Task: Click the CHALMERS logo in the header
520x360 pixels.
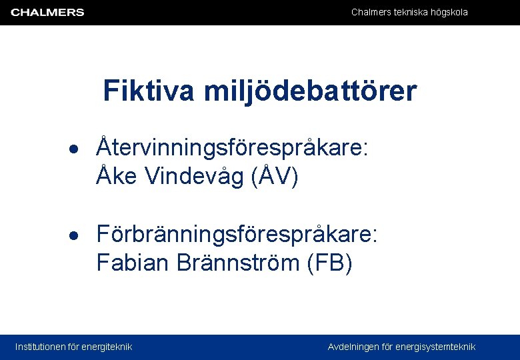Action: point(47,12)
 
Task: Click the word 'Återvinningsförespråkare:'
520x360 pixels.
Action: point(232,147)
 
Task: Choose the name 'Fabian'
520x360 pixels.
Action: point(133,263)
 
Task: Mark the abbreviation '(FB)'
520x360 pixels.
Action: point(329,263)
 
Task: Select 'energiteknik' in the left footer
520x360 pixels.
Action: point(107,347)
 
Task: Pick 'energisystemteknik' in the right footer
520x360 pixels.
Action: point(435,347)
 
